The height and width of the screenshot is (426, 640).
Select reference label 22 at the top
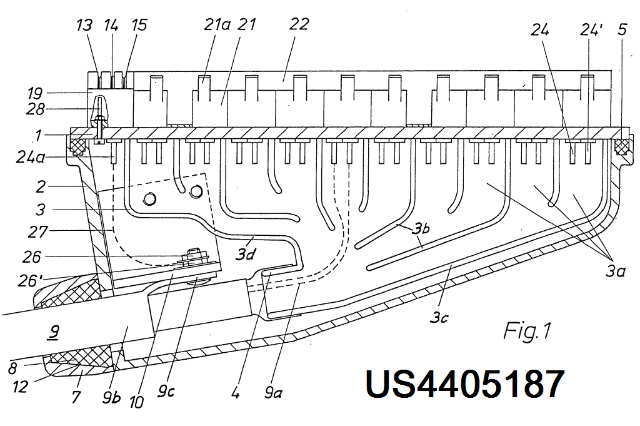tap(299, 25)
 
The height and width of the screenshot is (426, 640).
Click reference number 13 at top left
tap(84, 25)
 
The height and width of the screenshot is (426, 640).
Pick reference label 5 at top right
tap(622, 28)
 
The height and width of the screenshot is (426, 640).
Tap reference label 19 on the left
tap(34, 94)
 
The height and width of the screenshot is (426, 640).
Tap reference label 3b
tap(420, 230)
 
